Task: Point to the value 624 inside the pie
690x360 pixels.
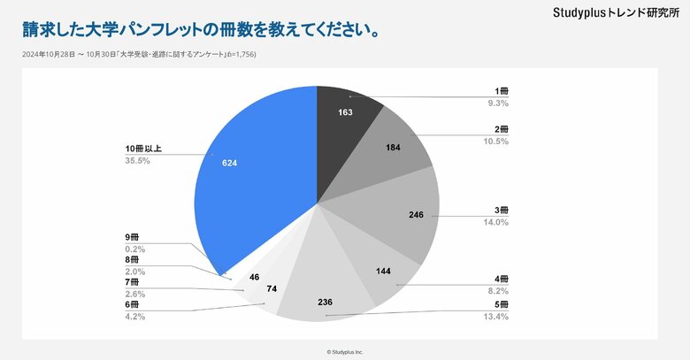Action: click(230, 163)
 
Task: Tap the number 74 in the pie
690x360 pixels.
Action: click(272, 289)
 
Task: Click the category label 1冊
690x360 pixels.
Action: click(502, 91)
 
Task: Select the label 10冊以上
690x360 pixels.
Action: click(143, 149)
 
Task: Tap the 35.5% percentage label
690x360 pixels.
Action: click(137, 161)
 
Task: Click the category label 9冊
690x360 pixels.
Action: click(133, 237)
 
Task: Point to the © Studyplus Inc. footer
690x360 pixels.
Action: click(345, 351)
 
